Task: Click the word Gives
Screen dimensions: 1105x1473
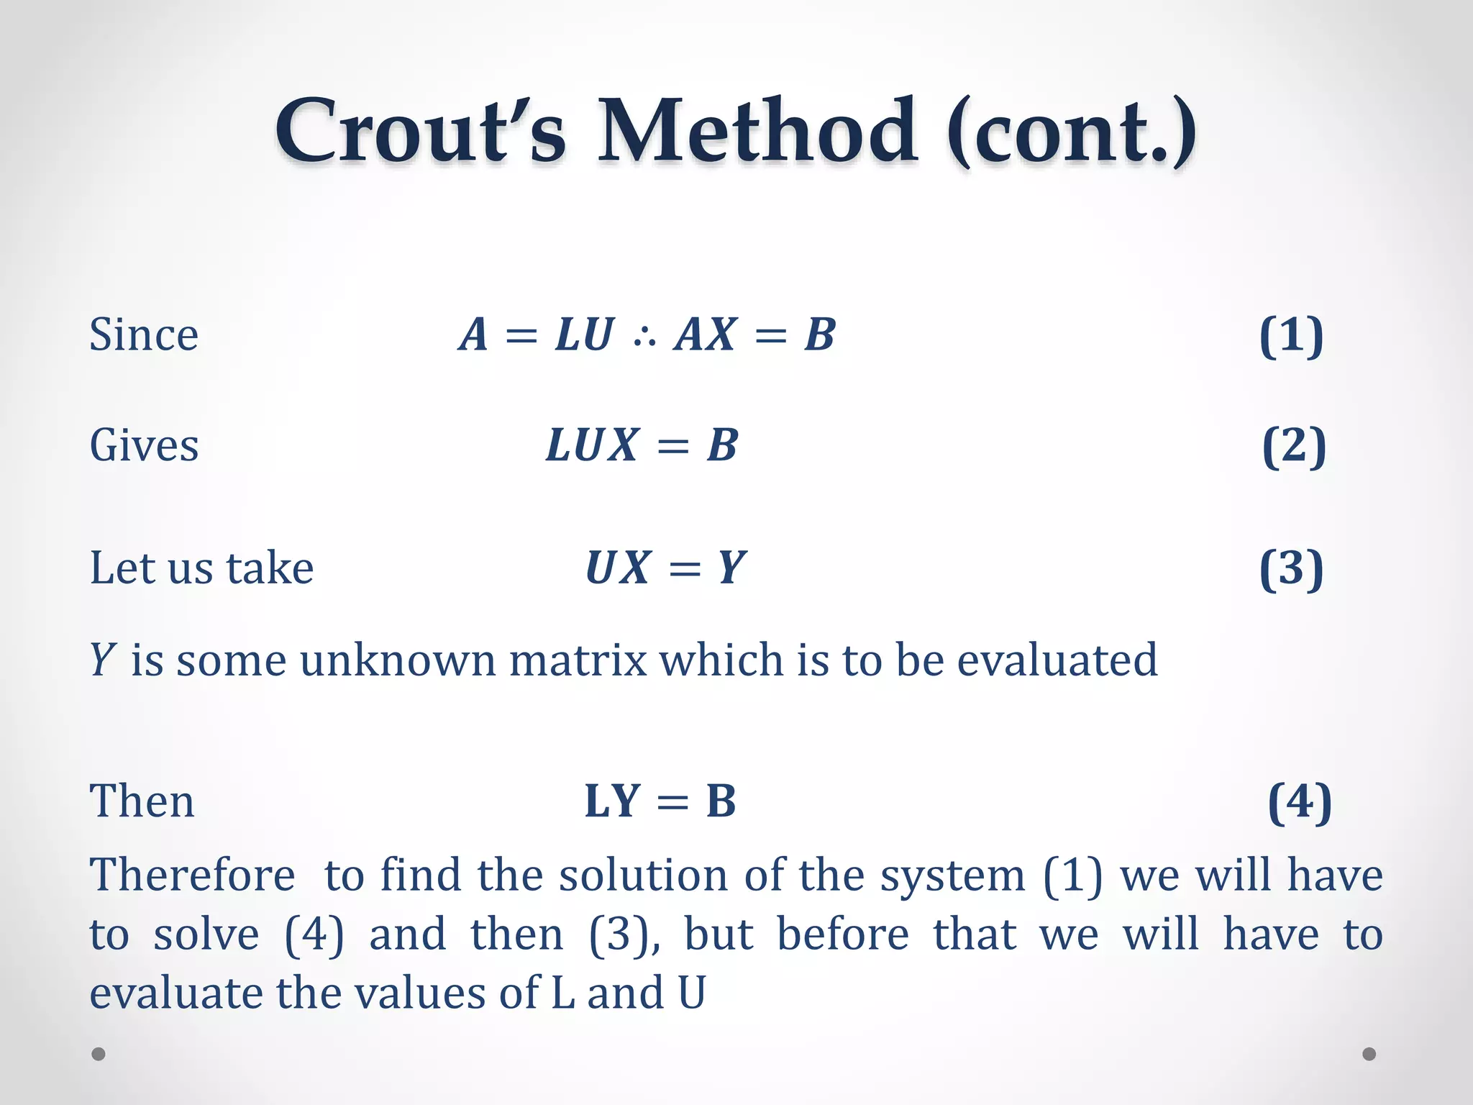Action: pyautogui.click(x=144, y=445)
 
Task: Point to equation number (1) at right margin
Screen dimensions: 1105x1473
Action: pyautogui.click(x=1291, y=335)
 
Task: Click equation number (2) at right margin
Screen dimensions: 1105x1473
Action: pyautogui.click(x=1294, y=446)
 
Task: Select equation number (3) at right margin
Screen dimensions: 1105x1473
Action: pyautogui.click(x=1291, y=568)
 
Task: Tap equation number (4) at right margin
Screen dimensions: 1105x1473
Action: pyautogui.click(x=1299, y=801)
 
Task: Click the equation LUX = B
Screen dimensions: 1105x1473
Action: pyautogui.click(x=642, y=445)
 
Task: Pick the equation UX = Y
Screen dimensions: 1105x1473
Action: pyautogui.click(x=666, y=568)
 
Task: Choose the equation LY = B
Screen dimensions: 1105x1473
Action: pyautogui.click(x=660, y=801)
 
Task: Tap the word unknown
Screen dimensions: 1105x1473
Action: pyautogui.click(x=398, y=660)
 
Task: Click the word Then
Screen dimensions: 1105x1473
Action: pyautogui.click(x=142, y=801)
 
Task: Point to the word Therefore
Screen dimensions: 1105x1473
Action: pyautogui.click(x=192, y=876)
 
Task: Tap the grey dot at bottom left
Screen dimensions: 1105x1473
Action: pyautogui.click(x=99, y=1054)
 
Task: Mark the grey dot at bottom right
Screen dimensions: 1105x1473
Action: pyautogui.click(x=1369, y=1054)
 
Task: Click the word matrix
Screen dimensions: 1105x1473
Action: pyautogui.click(x=578, y=660)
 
